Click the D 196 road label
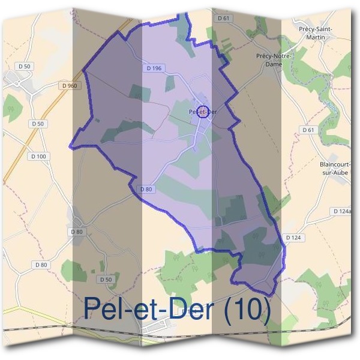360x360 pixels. tap(154, 68)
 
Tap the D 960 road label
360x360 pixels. tap(70, 86)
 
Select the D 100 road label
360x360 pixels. tap(37, 156)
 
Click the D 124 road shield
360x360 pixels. tap(293, 238)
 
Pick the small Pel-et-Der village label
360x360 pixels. tap(202, 112)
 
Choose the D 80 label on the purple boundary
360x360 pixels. tap(146, 189)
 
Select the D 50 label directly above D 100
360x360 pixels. tap(37, 124)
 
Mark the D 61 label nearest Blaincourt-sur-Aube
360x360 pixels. tap(308, 130)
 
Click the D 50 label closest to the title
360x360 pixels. tap(106, 280)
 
